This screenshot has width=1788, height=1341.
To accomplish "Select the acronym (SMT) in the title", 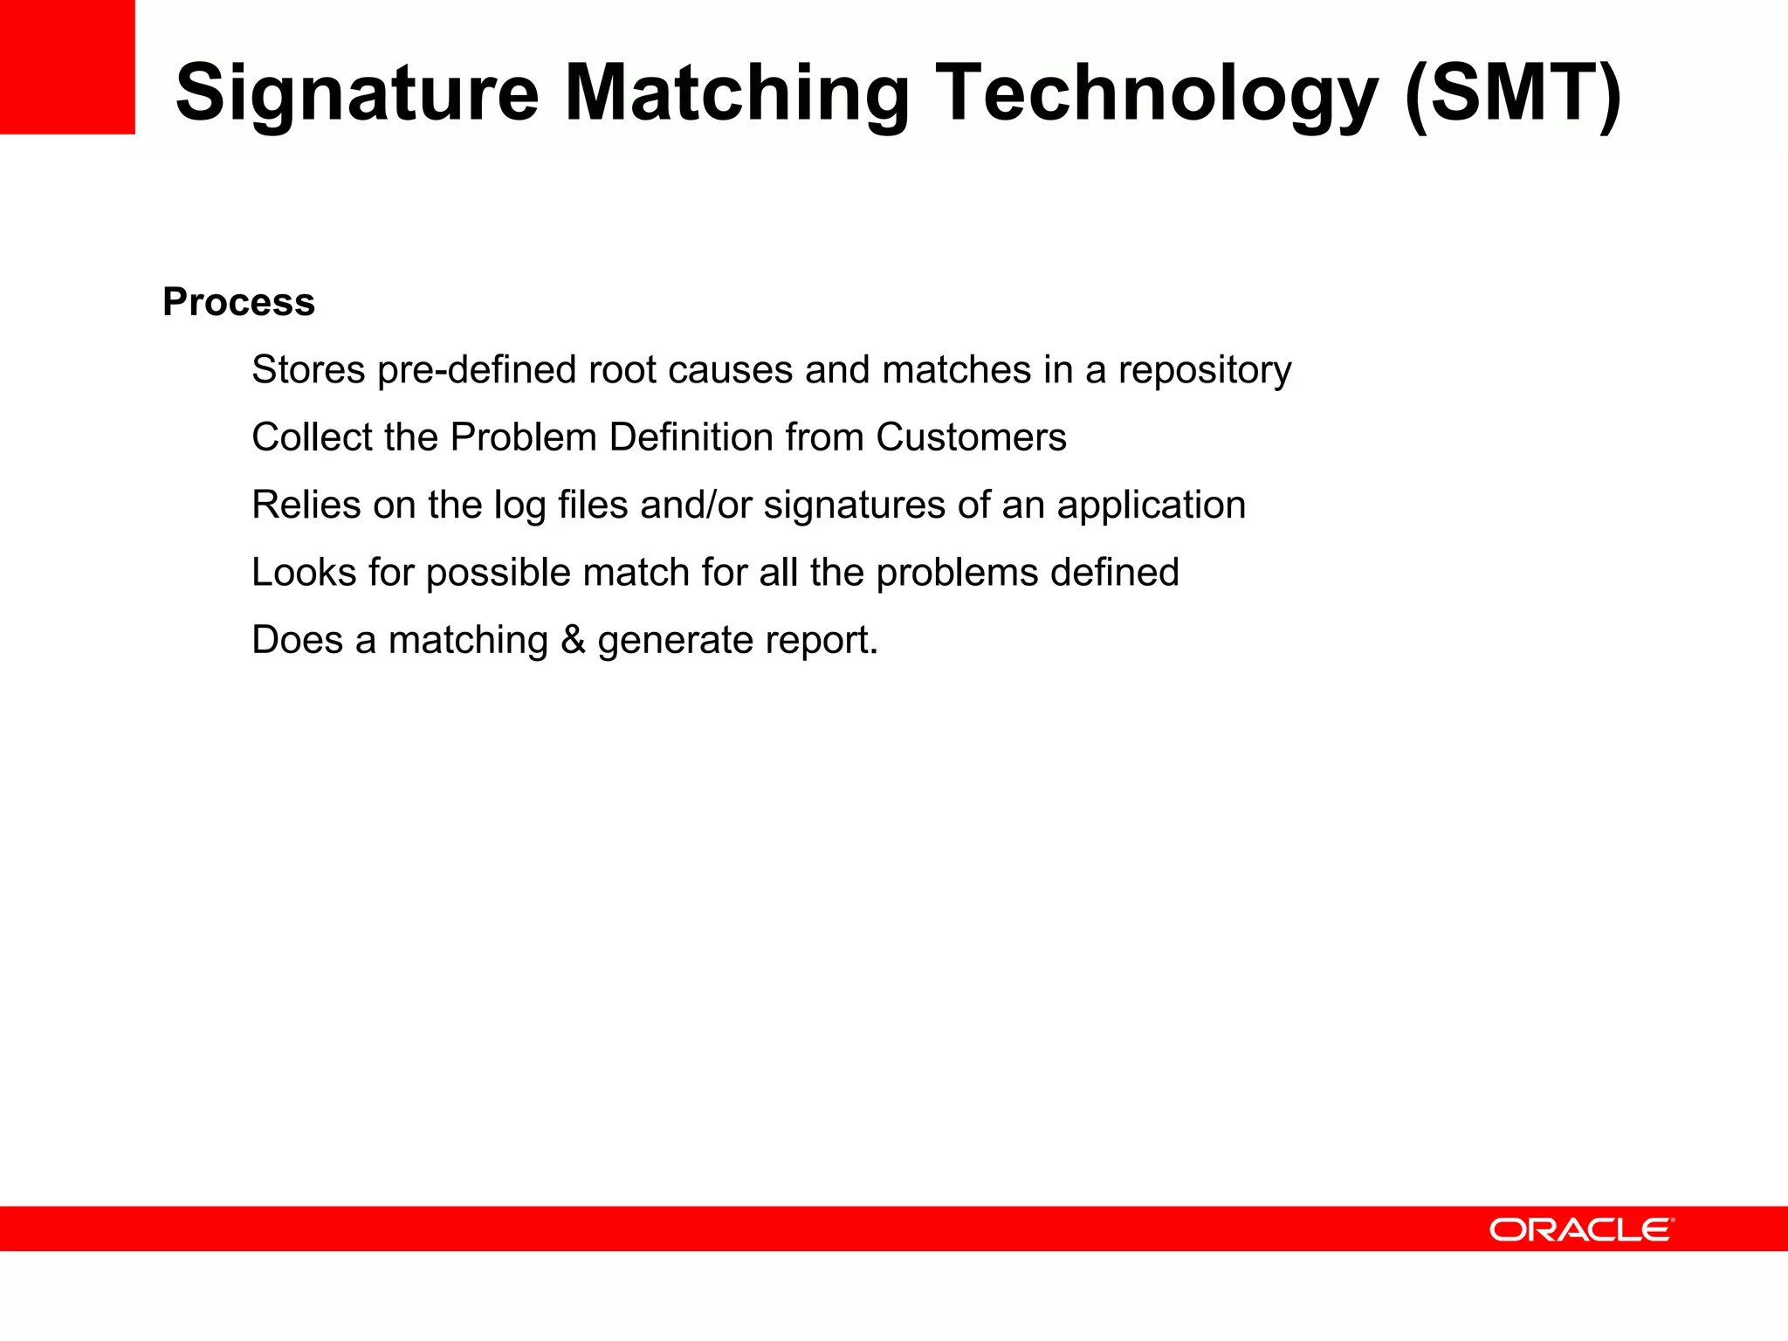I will coord(1514,93).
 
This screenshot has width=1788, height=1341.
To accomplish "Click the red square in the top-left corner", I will coord(67,66).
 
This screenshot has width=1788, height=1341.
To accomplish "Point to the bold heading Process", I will coord(238,302).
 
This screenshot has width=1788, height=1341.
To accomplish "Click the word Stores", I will coord(308,370).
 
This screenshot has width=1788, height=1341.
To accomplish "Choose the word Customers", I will coord(971,437).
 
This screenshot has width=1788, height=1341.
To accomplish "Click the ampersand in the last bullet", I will coord(573,640).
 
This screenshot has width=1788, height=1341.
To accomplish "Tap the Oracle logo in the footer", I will coord(1581,1229).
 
